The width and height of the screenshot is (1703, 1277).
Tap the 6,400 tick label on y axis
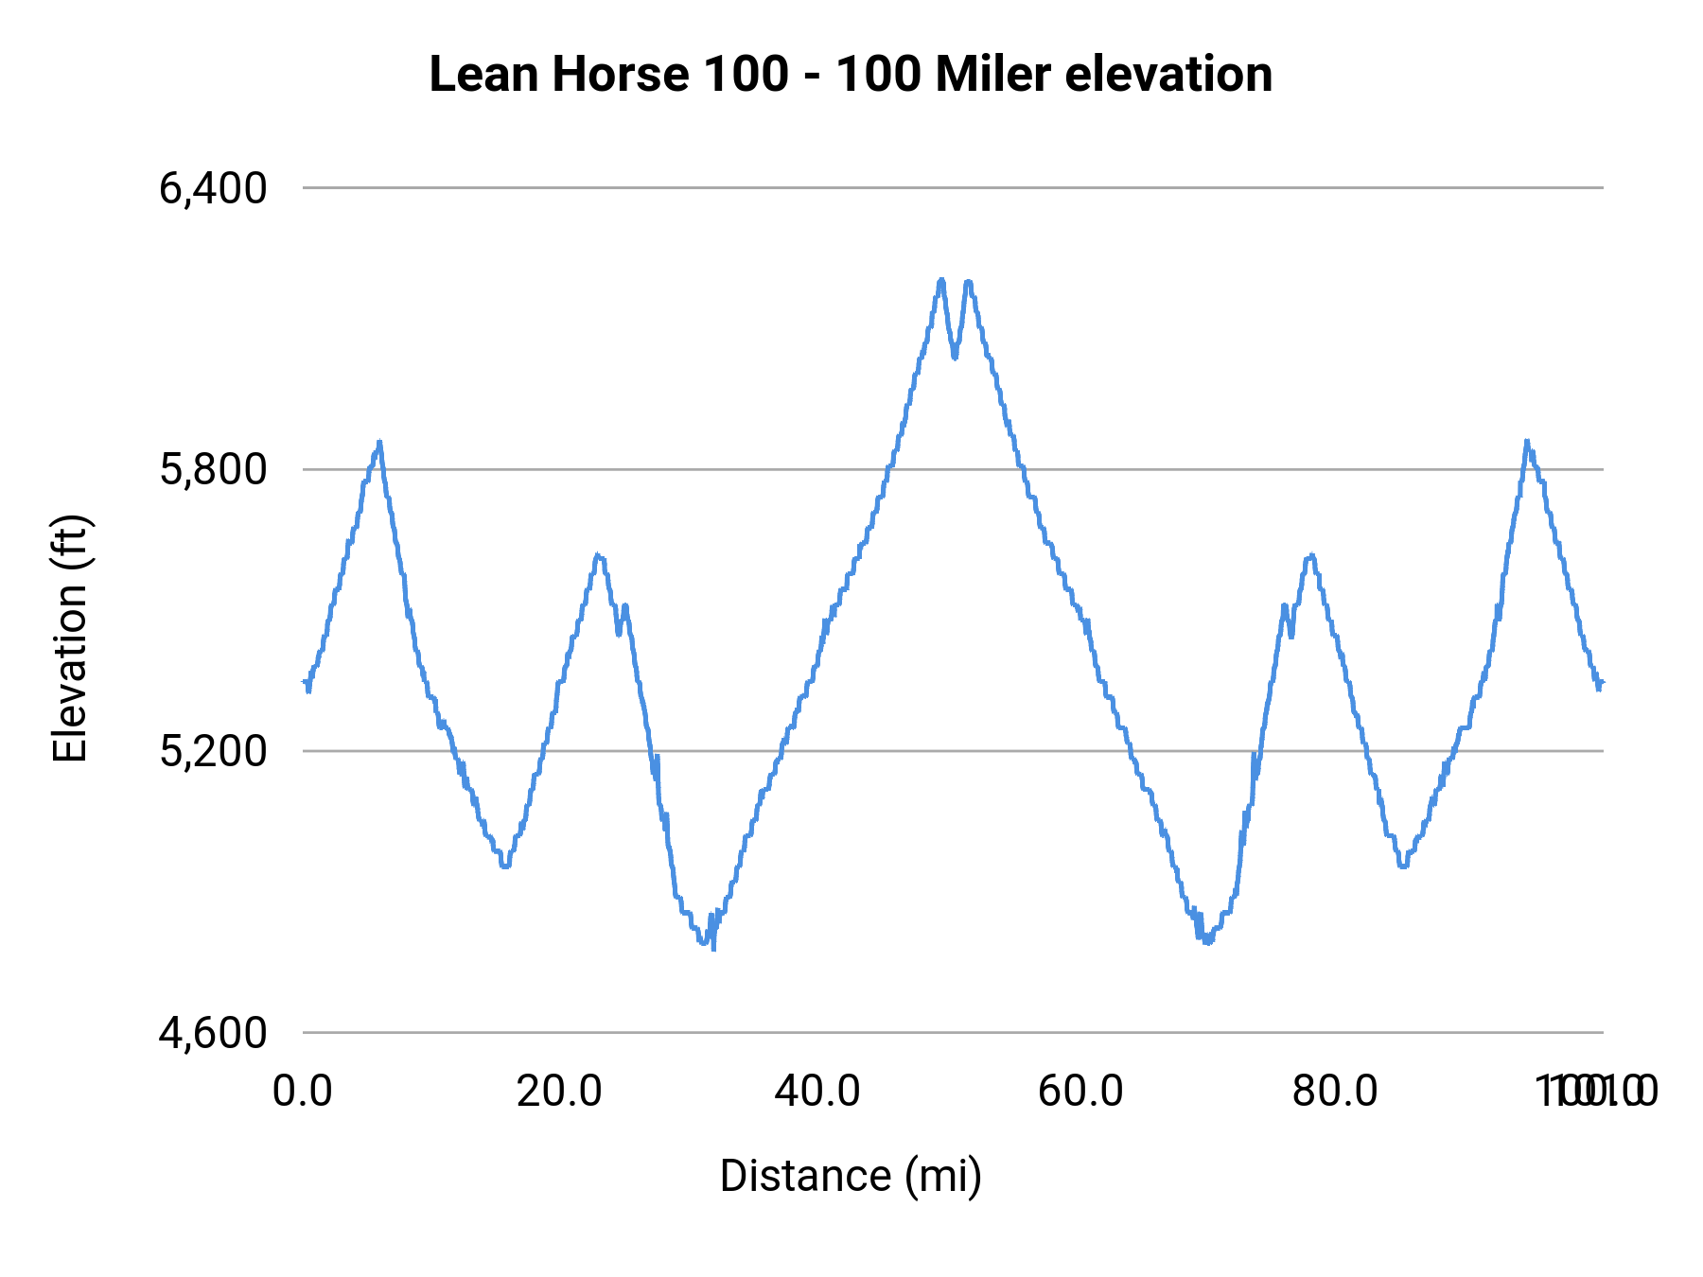(213, 188)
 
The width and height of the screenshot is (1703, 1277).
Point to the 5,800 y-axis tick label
(213, 469)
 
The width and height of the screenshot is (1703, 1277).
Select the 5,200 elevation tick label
(213, 751)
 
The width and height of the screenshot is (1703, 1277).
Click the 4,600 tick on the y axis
(213, 1033)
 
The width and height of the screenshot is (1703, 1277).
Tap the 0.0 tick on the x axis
(303, 1092)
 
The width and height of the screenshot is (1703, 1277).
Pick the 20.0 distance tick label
(559, 1092)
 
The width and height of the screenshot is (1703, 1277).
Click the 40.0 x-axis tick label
(817, 1092)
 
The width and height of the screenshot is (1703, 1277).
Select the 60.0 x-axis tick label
(1080, 1092)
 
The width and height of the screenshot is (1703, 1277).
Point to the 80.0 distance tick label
(1335, 1092)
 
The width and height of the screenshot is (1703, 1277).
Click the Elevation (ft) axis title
(70, 638)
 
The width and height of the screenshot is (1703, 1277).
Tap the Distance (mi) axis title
(851, 1176)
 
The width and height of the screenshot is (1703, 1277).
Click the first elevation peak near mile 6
(379, 443)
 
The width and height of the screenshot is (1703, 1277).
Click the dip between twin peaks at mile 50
(955, 356)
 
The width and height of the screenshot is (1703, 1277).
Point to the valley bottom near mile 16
(506, 866)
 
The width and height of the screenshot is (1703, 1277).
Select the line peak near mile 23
(598, 556)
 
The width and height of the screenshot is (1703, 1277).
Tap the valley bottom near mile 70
(1207, 942)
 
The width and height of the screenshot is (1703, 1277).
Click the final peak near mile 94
(1526, 442)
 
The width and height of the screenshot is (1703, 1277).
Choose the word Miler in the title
(993, 75)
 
